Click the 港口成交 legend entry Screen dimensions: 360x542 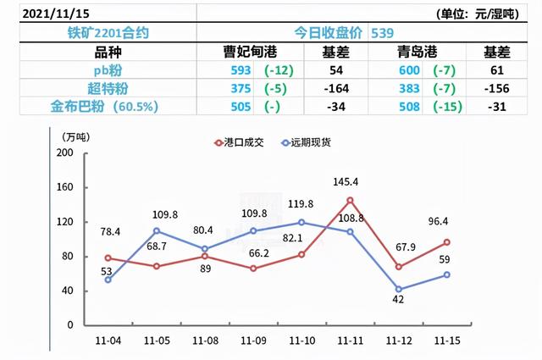[240, 142]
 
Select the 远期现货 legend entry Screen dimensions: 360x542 [306, 142]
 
